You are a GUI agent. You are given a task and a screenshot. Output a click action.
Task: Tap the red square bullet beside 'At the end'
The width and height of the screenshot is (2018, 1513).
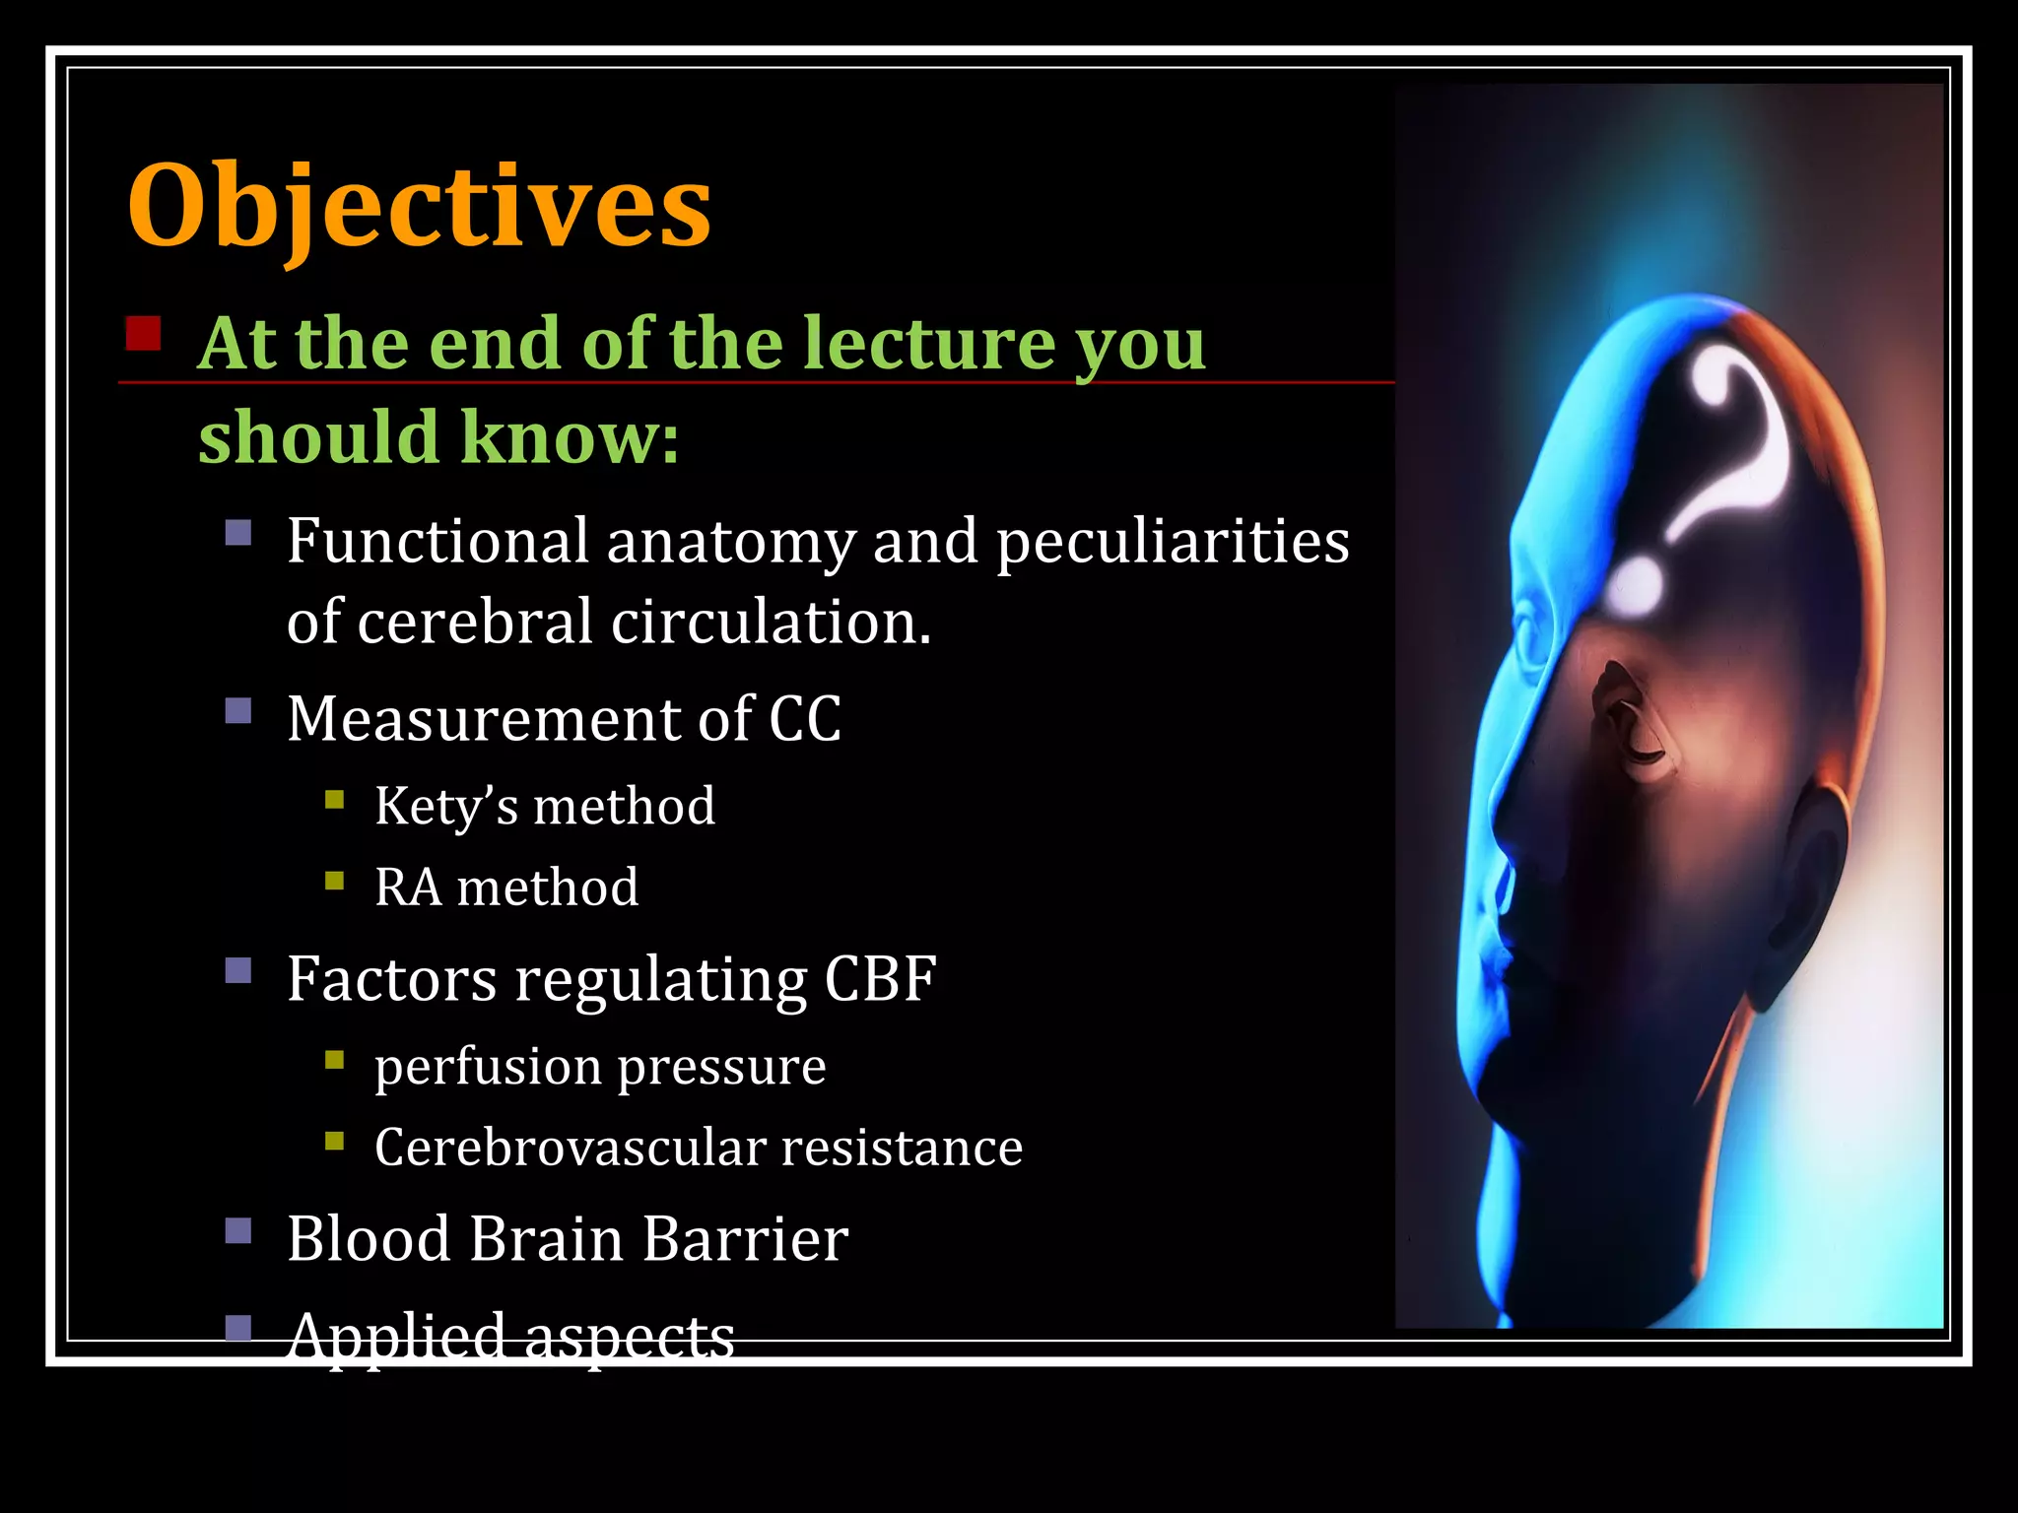144,334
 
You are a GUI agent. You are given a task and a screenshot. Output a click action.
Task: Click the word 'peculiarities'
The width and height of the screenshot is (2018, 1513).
1172,542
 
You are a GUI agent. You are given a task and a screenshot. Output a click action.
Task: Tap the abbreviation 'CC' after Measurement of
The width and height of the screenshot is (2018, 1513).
805,718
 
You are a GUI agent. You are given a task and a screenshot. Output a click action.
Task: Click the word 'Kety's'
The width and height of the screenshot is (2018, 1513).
445,807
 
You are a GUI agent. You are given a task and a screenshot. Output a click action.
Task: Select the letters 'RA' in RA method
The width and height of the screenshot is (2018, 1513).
407,888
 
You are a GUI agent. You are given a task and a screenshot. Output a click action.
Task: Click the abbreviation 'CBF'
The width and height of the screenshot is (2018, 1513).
880,979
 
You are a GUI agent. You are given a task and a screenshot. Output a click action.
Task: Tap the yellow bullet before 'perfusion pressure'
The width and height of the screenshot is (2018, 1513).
335,1061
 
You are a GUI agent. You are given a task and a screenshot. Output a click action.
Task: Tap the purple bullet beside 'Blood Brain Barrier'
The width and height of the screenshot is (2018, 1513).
238,1231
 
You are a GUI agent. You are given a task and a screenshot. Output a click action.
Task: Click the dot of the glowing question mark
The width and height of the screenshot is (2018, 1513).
1637,584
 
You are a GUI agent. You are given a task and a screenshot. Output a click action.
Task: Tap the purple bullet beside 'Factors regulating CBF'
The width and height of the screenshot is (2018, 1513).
238,971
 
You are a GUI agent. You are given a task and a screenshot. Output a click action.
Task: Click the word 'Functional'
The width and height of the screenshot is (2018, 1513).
437,542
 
